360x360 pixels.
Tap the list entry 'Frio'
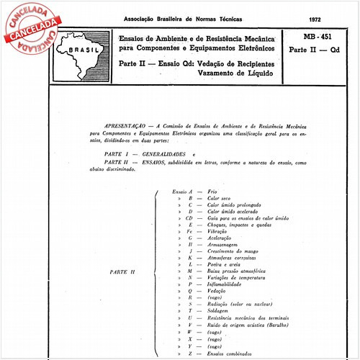coord(212,193)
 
